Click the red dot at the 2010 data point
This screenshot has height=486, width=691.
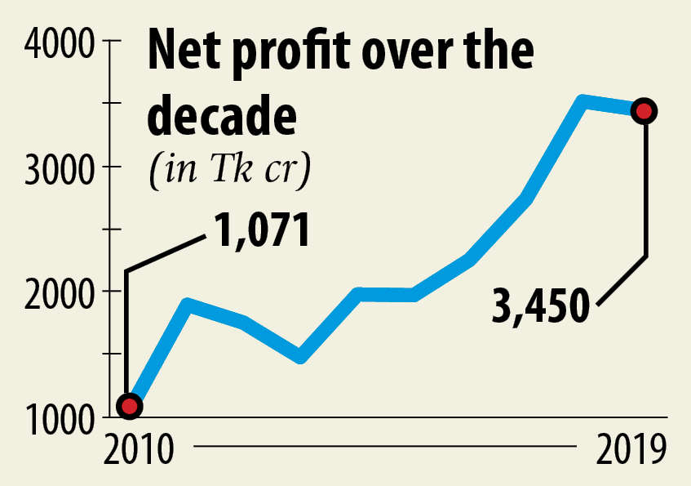128,405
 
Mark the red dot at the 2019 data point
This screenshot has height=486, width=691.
644,111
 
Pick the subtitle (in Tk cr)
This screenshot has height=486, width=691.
231,170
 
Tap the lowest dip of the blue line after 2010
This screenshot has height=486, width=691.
301,356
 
